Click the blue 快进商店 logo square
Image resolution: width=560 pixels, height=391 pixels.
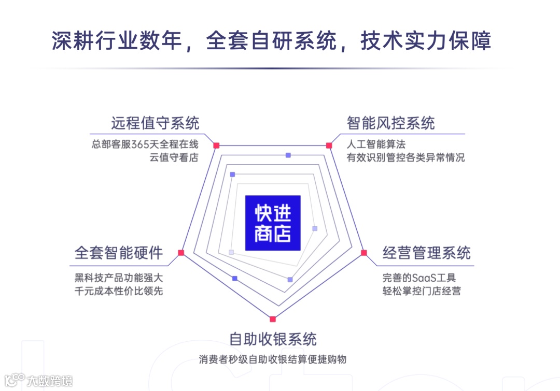tap(273, 223)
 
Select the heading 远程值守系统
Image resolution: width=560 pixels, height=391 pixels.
tap(155, 123)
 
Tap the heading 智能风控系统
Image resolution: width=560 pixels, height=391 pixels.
tap(391, 123)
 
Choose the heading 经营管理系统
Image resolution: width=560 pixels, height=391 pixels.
tap(426, 253)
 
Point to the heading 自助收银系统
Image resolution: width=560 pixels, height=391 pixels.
tap(273, 339)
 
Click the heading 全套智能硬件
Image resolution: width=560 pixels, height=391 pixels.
tap(119, 253)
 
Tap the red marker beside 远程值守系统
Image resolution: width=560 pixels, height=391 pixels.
tap(217, 146)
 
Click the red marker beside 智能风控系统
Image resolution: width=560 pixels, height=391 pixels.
tap(329, 146)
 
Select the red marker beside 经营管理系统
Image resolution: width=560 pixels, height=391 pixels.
tap(364, 253)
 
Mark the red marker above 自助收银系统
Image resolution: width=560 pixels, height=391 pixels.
tap(273, 319)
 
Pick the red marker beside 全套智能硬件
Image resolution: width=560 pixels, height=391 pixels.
tap(181, 253)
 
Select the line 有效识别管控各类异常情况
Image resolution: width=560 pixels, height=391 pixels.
tap(406, 158)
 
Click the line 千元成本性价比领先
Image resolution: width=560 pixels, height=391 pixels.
tap(119, 291)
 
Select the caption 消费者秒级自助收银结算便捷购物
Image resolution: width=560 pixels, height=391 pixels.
tap(273, 359)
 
